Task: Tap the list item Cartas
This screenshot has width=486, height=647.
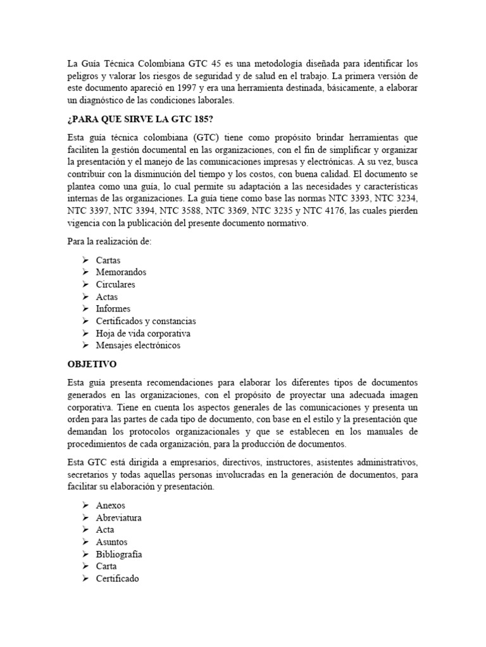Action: click(108, 260)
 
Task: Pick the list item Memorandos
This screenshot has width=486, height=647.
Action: click(121, 272)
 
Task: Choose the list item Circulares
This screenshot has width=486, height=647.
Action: click(116, 284)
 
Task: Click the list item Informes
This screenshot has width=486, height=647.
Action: click(113, 309)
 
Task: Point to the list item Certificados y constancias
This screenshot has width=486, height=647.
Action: click(146, 321)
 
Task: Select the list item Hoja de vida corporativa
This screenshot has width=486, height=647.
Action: click(143, 333)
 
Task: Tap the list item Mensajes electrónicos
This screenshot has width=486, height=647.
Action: click(138, 346)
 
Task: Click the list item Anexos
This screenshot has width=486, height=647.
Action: click(111, 505)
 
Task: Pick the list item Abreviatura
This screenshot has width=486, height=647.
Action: click(118, 517)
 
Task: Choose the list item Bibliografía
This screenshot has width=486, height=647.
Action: click(119, 554)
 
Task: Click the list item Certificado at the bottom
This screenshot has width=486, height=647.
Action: click(117, 579)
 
